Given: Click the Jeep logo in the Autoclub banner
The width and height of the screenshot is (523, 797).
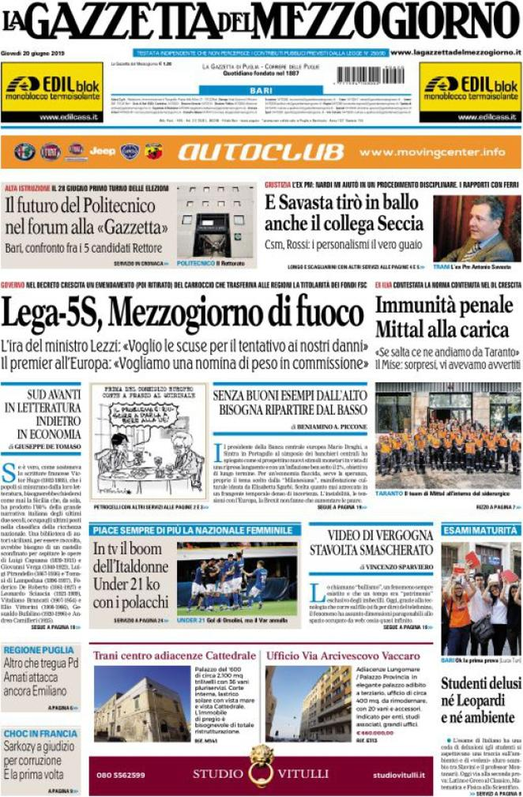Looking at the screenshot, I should [102, 151].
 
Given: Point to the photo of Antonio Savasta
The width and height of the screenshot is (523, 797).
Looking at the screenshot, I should [476, 228].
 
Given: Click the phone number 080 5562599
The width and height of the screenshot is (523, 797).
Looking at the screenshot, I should [121, 775].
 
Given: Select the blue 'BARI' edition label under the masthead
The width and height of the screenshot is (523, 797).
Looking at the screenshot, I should [260, 92].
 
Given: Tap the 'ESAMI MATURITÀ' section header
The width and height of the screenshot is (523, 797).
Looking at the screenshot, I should [480, 530].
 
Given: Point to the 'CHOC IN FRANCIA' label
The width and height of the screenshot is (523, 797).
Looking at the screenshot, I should [40, 734].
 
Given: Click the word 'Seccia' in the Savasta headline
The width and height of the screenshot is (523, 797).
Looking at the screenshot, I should [399, 224].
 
